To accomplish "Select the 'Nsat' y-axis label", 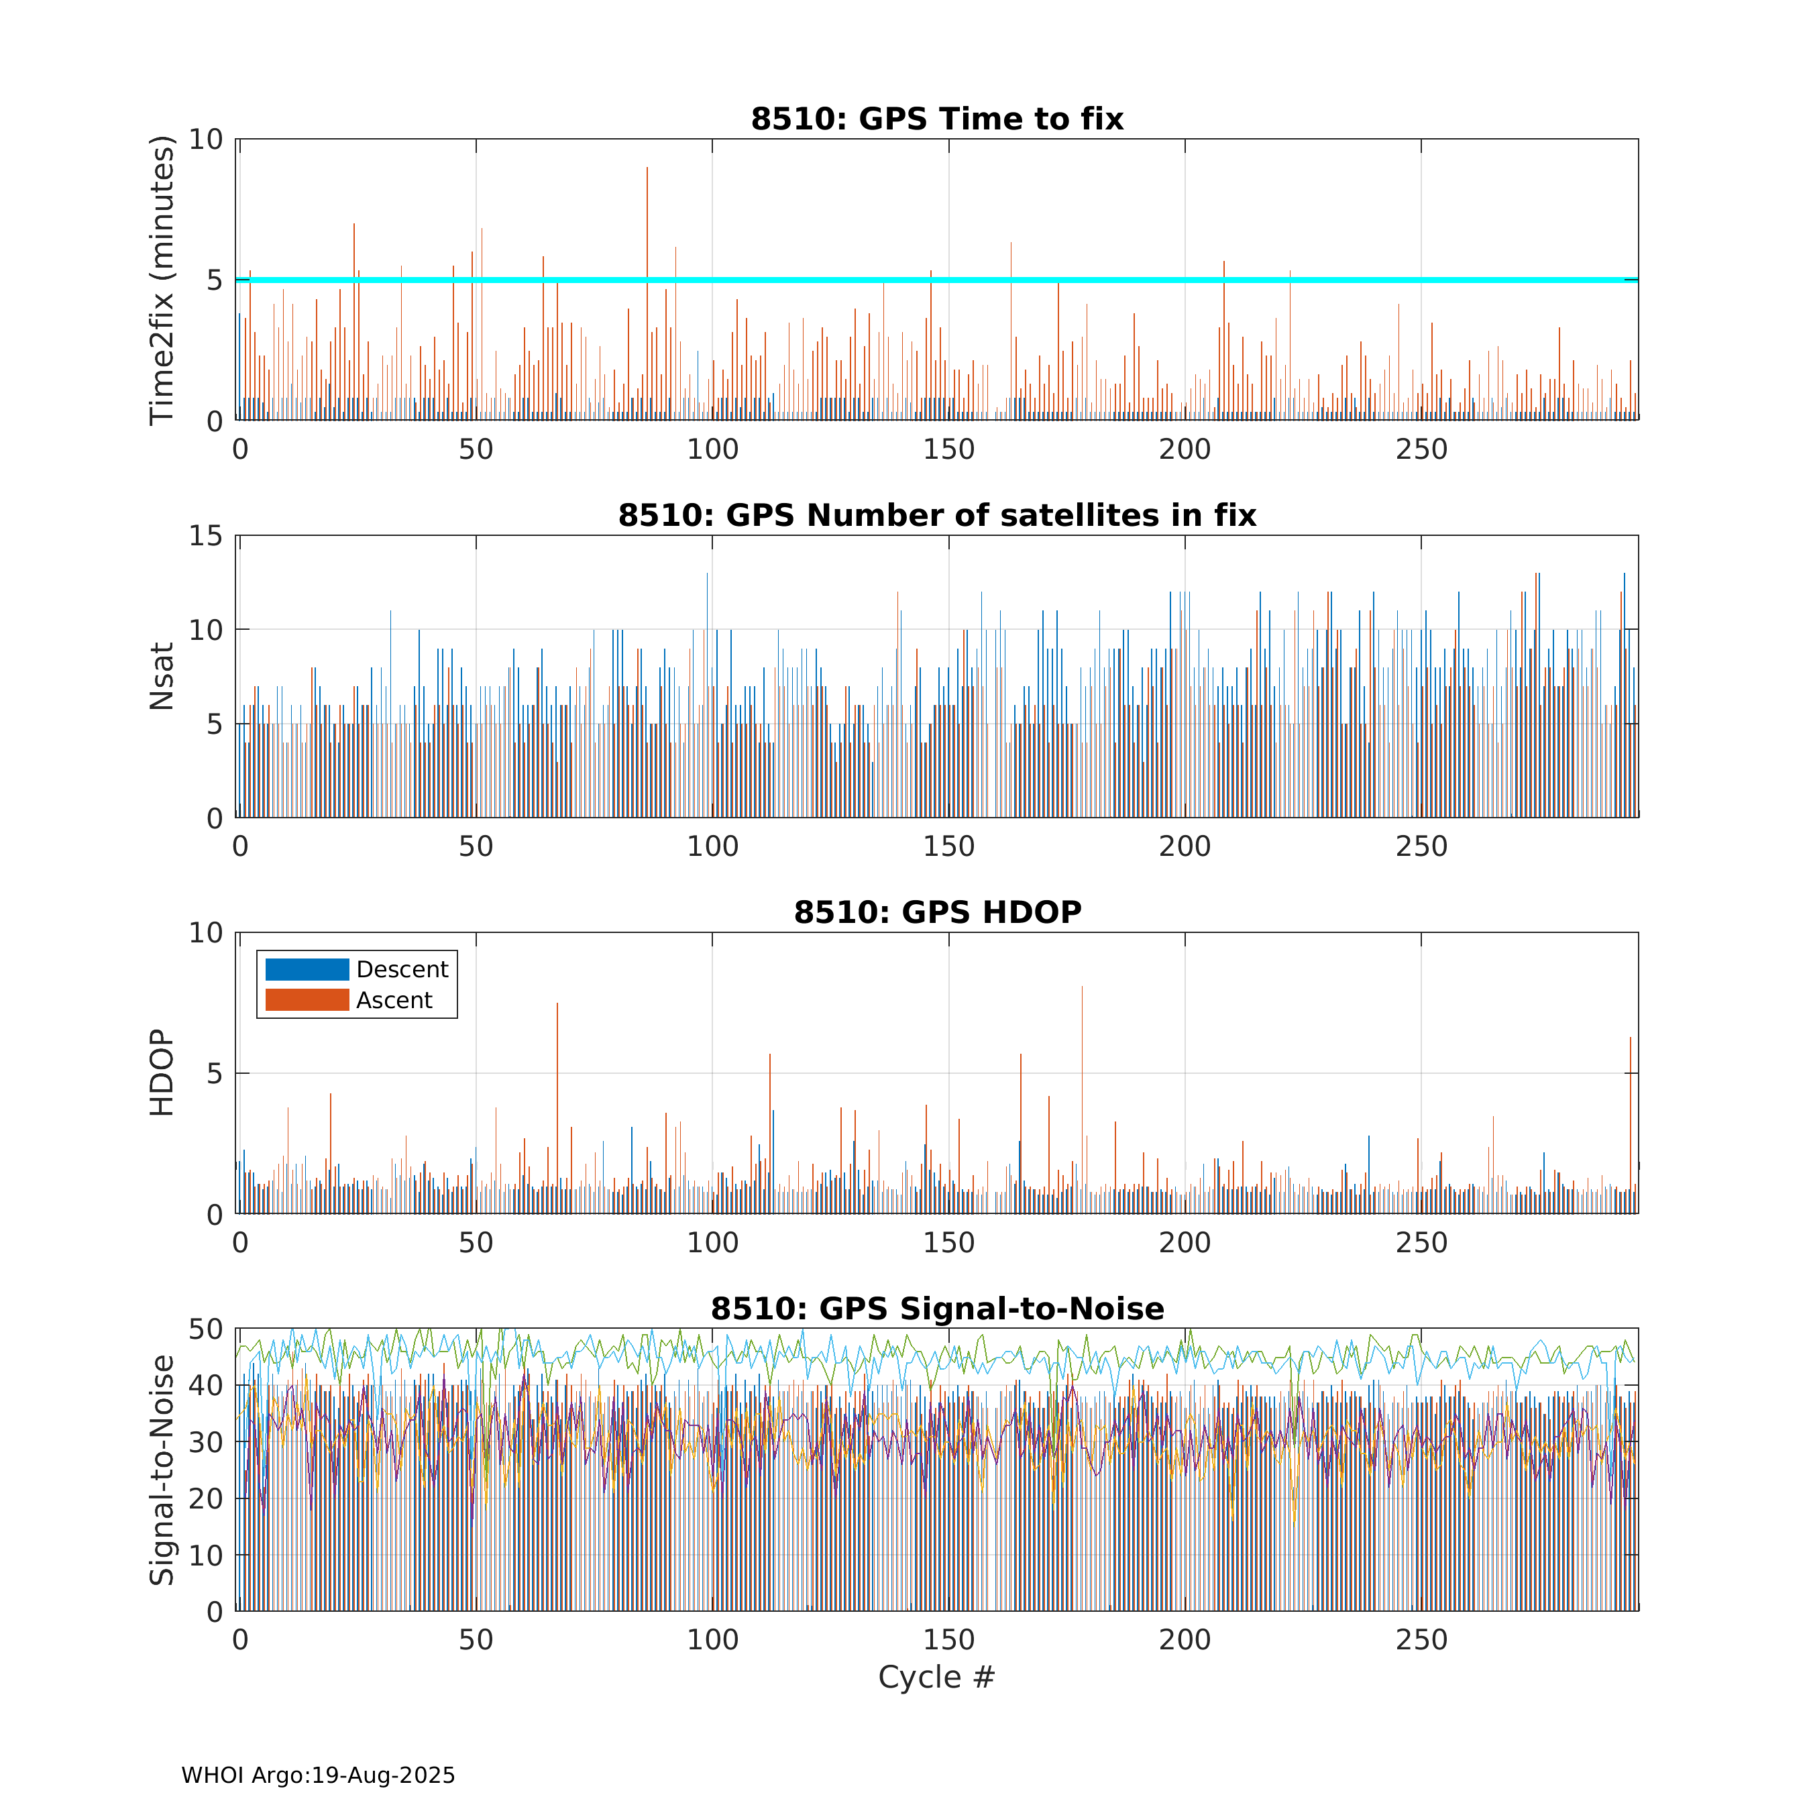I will (x=162, y=676).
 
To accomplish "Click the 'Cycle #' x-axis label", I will (x=936, y=1677).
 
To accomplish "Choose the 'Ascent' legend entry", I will (x=394, y=1000).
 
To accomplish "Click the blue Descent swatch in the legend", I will (x=307, y=969).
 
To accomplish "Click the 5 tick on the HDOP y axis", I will (x=215, y=1073).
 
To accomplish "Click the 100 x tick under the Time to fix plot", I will (x=712, y=450).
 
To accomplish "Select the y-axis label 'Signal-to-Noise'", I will (x=162, y=1470).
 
